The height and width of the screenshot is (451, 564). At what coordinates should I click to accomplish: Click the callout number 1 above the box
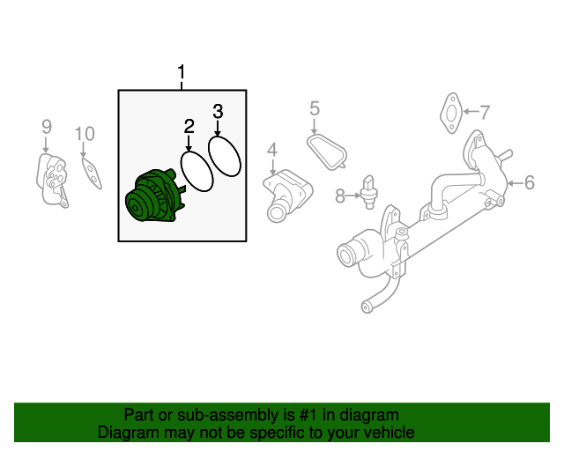click(x=182, y=71)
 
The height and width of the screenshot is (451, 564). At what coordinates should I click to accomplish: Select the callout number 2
click(x=189, y=127)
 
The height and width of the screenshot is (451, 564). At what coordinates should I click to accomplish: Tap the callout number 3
click(x=219, y=111)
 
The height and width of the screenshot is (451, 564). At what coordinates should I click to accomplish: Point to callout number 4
click(x=272, y=149)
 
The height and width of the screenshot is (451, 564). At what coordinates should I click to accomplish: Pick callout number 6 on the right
click(x=529, y=183)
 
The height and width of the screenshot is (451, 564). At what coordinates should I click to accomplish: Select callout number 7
click(x=484, y=112)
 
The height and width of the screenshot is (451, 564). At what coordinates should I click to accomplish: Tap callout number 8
click(x=340, y=196)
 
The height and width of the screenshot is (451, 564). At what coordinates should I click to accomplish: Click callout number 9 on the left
click(x=47, y=128)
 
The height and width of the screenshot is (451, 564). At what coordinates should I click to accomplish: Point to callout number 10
click(x=84, y=134)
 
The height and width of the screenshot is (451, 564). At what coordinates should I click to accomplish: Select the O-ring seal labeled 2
click(x=196, y=171)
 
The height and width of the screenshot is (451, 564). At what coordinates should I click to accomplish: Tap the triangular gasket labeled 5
click(x=328, y=149)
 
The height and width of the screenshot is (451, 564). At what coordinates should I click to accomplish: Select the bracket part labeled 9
click(x=52, y=181)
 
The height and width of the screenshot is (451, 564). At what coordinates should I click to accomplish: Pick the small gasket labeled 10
click(x=90, y=172)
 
